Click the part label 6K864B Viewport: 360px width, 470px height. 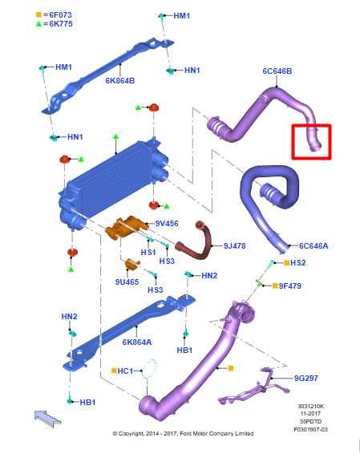tap(120, 81)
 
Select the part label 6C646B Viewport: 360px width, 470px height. tap(277, 71)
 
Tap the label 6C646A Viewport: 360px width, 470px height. tap(313, 245)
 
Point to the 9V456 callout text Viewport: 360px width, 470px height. tap(167, 223)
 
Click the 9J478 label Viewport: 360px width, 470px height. tap(234, 245)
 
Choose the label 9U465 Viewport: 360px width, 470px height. tap(127, 282)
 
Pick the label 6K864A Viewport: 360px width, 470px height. tap(137, 342)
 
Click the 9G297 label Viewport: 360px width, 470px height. tap(306, 378)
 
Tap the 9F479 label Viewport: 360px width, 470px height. tap(290, 286)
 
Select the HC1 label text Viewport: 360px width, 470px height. tap(125, 371)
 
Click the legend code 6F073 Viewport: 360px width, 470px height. tap(61, 14)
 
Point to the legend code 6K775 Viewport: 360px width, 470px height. tap(61, 24)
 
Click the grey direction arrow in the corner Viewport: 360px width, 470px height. tap(47, 419)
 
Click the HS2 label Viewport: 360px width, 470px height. tap(298, 263)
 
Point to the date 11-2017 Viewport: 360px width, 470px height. tap(310, 414)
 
